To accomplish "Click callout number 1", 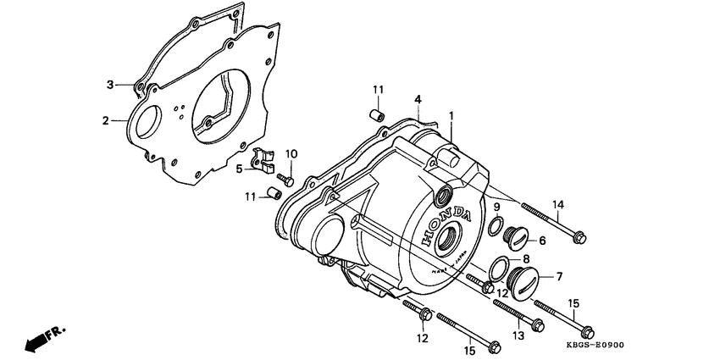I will pyautogui.click(x=451, y=114).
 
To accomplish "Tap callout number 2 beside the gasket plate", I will pyautogui.click(x=107, y=121).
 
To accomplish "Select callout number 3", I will pyautogui.click(x=109, y=84).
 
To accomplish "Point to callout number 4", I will pyautogui.click(x=418, y=100).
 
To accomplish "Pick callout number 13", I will pyautogui.click(x=518, y=336).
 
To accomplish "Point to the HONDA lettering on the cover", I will pyautogui.click(x=442, y=224).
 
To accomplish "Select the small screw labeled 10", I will pyautogui.click(x=287, y=180).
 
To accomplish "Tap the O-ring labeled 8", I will pyautogui.click(x=500, y=268).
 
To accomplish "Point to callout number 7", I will pyautogui.click(x=560, y=277).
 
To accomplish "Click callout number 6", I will pyautogui.click(x=542, y=241).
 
